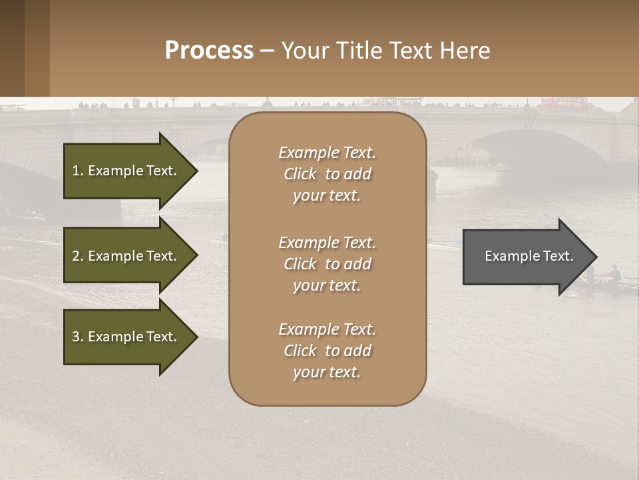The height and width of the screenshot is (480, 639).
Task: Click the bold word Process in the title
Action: point(209,50)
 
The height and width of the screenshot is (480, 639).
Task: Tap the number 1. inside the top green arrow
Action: point(78,171)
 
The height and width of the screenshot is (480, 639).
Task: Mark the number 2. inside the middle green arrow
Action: point(78,256)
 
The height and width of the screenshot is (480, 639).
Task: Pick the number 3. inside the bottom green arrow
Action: point(78,337)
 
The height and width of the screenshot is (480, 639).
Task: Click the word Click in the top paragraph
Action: point(300,174)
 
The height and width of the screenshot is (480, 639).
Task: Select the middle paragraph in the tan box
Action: point(327,264)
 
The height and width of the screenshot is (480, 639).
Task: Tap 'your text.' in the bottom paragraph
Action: point(327,372)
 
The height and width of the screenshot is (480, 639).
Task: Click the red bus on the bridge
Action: point(562,103)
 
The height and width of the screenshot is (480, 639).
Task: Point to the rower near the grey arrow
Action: point(616,273)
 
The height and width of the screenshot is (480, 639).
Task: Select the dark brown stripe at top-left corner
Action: point(12,48)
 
